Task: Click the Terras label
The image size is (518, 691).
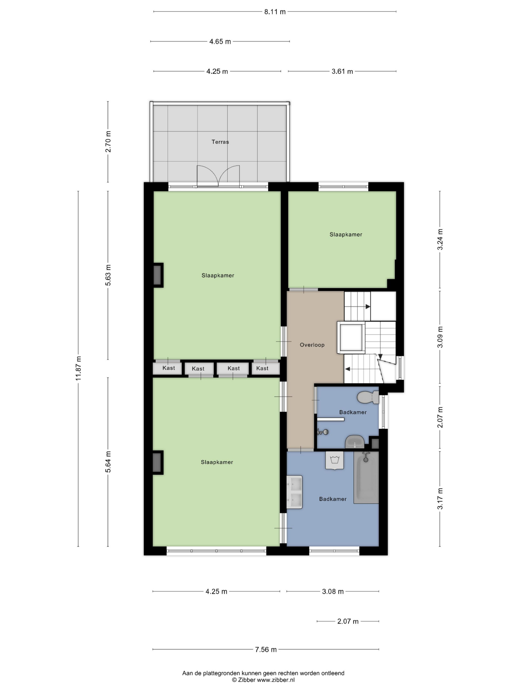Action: pos(220,142)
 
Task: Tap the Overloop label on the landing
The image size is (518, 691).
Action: pos(312,345)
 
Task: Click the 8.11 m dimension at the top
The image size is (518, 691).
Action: pos(275,12)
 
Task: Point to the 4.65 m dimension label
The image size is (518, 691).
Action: pos(220,42)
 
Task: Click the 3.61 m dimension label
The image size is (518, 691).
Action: pos(342,72)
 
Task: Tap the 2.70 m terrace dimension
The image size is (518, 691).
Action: pos(108,141)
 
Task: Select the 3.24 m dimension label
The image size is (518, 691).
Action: pos(440,239)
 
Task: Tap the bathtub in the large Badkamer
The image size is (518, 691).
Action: pos(366,477)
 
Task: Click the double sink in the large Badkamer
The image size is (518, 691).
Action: pos(294,492)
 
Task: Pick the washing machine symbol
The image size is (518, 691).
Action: pos(334,460)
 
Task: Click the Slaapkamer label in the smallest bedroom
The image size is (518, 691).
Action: pos(346,235)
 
